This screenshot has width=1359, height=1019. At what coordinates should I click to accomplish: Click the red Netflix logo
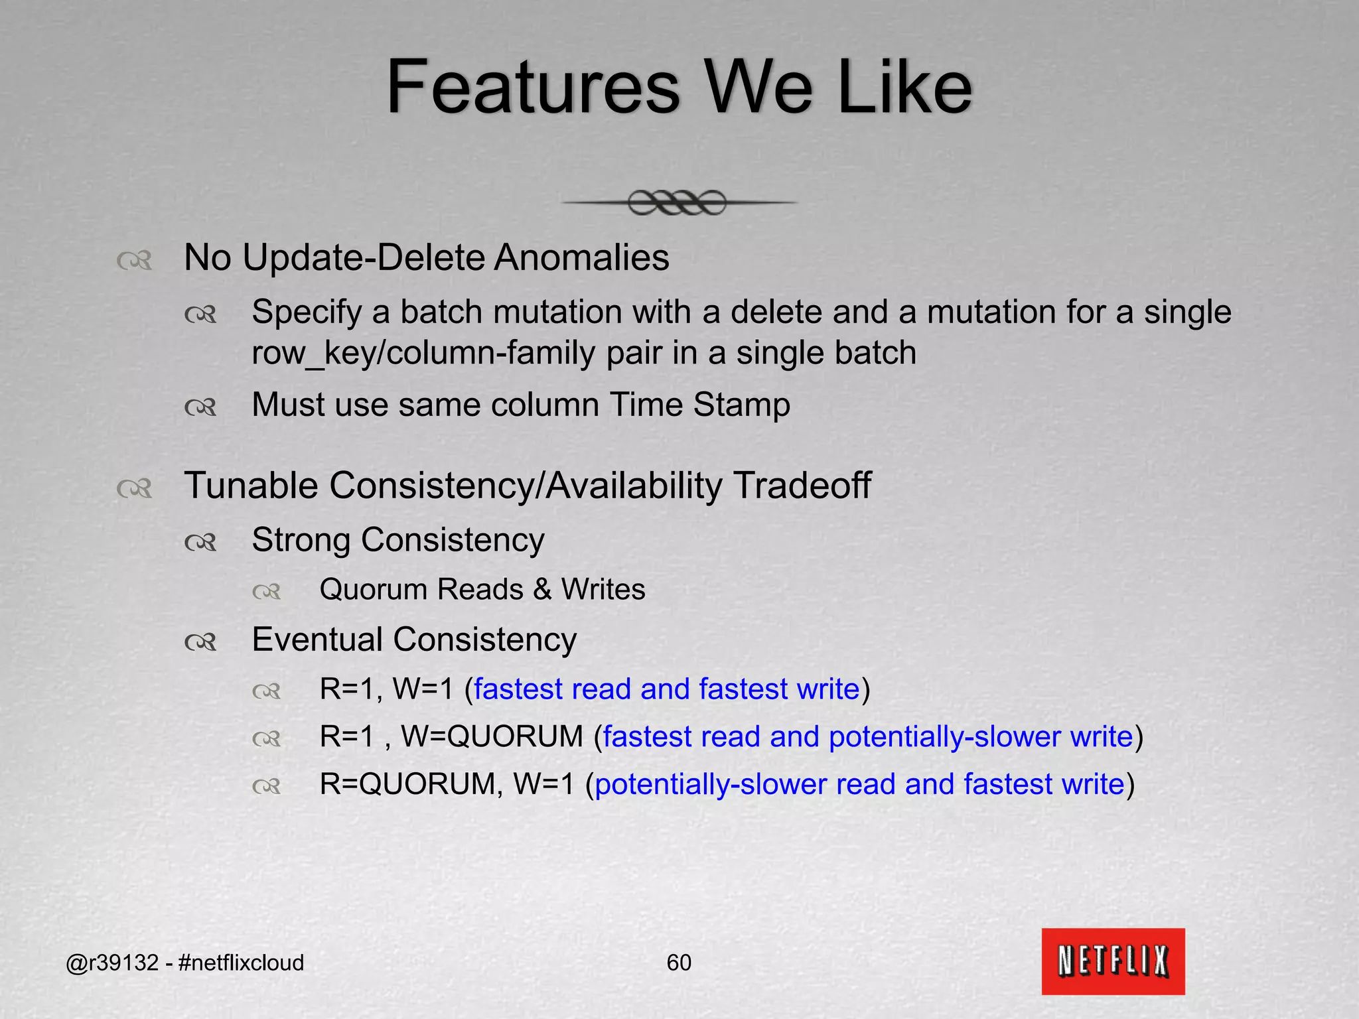click(1113, 961)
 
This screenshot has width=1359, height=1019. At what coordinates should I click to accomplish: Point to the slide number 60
click(679, 963)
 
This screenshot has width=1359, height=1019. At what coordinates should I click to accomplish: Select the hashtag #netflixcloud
click(241, 963)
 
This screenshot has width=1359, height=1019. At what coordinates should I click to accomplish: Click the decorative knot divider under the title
click(678, 202)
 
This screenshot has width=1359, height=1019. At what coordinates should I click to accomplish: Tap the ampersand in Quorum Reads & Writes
click(542, 590)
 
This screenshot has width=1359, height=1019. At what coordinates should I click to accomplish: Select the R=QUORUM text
click(407, 785)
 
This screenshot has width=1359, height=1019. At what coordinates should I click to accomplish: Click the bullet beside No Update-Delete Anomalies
click(135, 260)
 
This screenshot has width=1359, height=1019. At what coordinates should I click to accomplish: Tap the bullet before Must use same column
click(200, 407)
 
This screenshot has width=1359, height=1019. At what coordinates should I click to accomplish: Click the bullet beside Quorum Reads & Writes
click(267, 592)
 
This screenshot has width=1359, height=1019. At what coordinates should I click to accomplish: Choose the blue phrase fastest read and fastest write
click(666, 689)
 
